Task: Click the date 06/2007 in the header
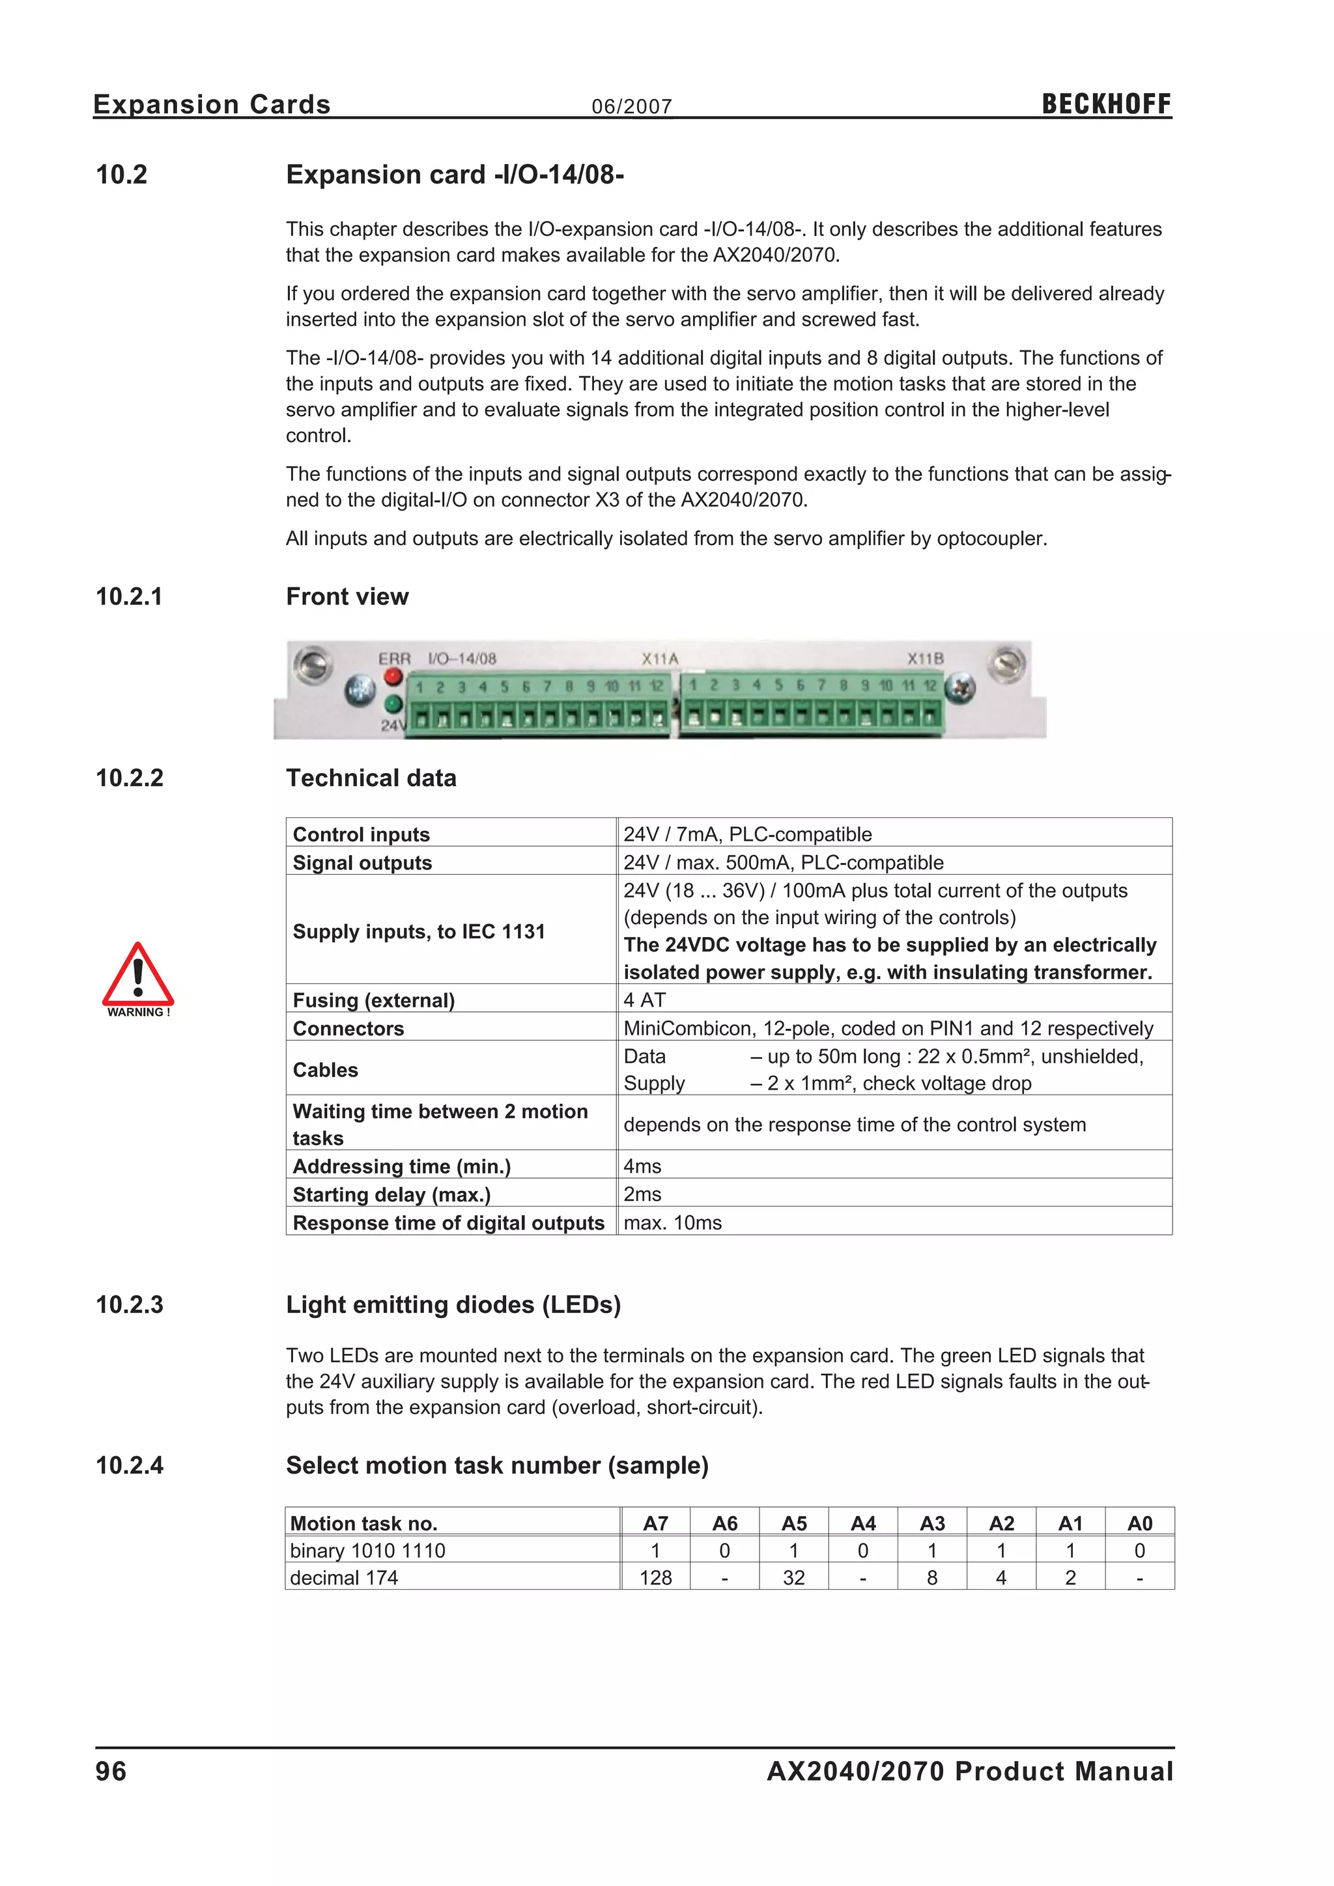point(632,107)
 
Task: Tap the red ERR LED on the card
point(393,677)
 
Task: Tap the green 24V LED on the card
point(393,704)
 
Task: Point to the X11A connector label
point(660,659)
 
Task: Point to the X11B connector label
point(925,659)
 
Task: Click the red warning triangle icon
point(138,976)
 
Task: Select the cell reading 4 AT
point(645,1000)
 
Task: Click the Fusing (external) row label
point(374,1000)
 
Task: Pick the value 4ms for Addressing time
point(642,1166)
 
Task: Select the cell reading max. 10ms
point(673,1222)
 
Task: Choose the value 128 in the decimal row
point(655,1577)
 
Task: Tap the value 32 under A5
point(793,1577)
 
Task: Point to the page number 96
point(111,1771)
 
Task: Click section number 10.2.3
point(130,1304)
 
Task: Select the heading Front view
point(347,597)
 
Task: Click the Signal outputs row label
point(362,862)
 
